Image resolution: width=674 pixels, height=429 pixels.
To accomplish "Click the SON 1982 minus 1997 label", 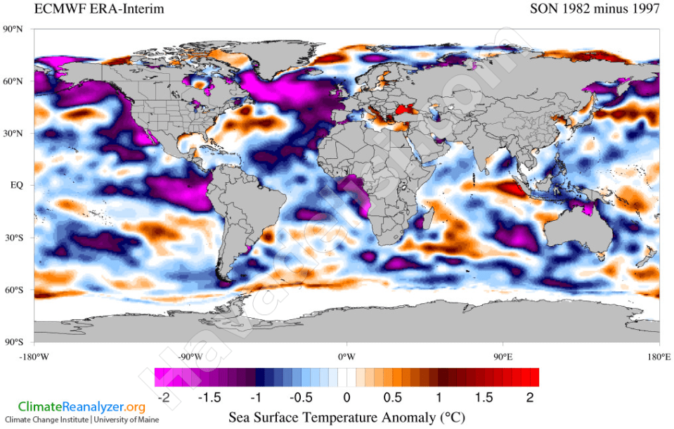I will tap(595, 9).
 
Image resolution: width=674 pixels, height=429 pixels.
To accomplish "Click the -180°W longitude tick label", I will tap(34, 356).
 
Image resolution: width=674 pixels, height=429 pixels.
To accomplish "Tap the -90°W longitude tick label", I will tap(190, 356).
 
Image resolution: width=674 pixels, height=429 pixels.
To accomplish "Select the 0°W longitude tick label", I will tap(346, 356).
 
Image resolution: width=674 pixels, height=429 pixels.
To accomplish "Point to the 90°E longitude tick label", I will tap(502, 356).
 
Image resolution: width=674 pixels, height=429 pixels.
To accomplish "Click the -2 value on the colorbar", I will tap(163, 397).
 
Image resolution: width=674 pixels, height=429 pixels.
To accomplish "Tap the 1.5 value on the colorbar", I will tap(486, 397).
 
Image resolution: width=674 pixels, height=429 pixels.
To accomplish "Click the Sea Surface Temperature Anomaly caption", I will tap(346, 417).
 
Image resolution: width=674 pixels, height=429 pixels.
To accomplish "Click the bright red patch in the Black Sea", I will tap(406, 109).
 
